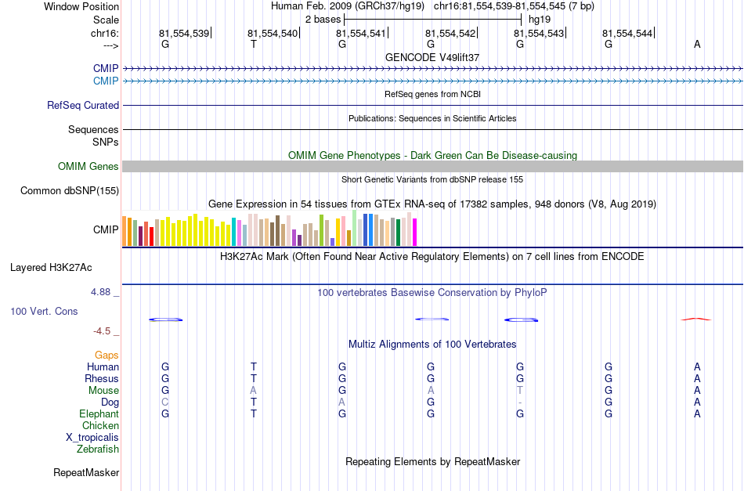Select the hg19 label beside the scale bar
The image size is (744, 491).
(x=540, y=20)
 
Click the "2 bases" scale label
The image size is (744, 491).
(x=323, y=20)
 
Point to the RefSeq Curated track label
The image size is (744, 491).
(x=83, y=105)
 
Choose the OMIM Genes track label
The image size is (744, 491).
(x=88, y=167)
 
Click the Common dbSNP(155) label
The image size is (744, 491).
(x=70, y=191)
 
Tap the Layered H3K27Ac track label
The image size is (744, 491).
(x=51, y=268)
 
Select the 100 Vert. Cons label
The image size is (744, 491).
(x=44, y=311)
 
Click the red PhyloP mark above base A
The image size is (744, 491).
(x=696, y=320)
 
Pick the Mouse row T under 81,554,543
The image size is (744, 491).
(x=520, y=391)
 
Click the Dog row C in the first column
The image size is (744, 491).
(x=165, y=403)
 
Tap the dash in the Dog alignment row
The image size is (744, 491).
(x=520, y=403)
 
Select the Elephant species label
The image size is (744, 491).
(x=99, y=413)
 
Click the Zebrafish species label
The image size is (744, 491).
(x=98, y=449)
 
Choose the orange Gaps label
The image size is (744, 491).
(x=107, y=355)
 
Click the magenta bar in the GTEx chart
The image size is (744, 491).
(x=415, y=232)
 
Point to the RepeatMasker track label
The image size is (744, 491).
(x=86, y=472)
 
